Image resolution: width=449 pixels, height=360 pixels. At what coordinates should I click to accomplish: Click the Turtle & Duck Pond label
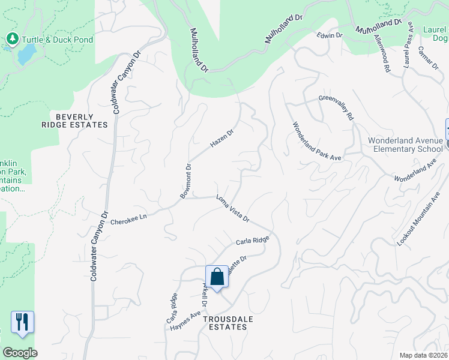pyautogui.click(x=58, y=40)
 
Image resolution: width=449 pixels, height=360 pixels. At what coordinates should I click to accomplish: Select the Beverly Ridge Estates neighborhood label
pyautogui.click(x=82, y=121)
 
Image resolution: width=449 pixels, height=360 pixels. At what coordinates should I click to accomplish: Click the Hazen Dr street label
pyautogui.click(x=221, y=139)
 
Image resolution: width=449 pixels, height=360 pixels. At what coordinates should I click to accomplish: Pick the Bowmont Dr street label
pyautogui.click(x=186, y=181)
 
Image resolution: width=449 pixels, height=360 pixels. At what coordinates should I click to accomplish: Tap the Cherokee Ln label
pyautogui.click(x=129, y=220)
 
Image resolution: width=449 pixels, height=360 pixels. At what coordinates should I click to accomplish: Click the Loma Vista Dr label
pyautogui.click(x=232, y=209)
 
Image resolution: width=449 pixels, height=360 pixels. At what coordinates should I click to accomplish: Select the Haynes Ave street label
pyautogui.click(x=185, y=321)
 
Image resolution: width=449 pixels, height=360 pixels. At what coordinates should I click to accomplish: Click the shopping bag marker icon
pyautogui.click(x=217, y=277)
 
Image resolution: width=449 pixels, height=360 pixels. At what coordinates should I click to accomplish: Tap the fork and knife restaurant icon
pyautogui.click(x=22, y=322)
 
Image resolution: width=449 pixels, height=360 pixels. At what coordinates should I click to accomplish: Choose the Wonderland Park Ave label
pyautogui.click(x=316, y=142)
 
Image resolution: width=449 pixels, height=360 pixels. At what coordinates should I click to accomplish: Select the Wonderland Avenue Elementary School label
pyautogui.click(x=406, y=145)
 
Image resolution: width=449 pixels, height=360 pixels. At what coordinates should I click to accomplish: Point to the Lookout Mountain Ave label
pyautogui.click(x=419, y=218)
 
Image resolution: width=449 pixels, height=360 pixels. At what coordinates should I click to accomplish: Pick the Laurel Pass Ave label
pyautogui.click(x=408, y=46)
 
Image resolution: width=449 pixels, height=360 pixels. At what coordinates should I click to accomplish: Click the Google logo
pyautogui.click(x=20, y=353)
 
